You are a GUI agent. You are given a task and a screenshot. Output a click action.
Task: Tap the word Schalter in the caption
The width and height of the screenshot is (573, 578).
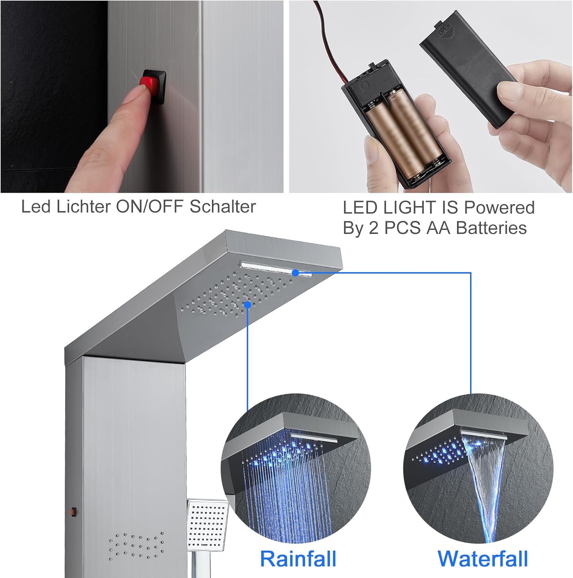pyautogui.click(x=222, y=207)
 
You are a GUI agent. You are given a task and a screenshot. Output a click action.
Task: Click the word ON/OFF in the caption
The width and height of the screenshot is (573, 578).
pyautogui.click(x=150, y=207)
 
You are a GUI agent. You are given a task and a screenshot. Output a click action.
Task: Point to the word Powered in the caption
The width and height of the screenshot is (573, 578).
pyautogui.click(x=499, y=207)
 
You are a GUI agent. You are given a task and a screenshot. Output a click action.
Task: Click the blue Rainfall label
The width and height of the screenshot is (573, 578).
pyautogui.click(x=298, y=559)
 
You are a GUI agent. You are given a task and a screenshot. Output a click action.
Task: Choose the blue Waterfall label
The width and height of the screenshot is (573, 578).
pyautogui.click(x=482, y=559)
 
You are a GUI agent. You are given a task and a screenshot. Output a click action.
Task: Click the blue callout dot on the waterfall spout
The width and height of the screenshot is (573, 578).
pyautogui.click(x=296, y=273)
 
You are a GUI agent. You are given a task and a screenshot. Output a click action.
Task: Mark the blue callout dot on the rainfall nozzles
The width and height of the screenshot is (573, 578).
pyautogui.click(x=247, y=305)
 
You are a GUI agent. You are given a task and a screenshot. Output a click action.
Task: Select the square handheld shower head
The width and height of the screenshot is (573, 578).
pyautogui.click(x=207, y=524)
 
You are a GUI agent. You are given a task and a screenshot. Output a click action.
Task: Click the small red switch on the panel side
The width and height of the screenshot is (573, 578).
pyautogui.click(x=73, y=512)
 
